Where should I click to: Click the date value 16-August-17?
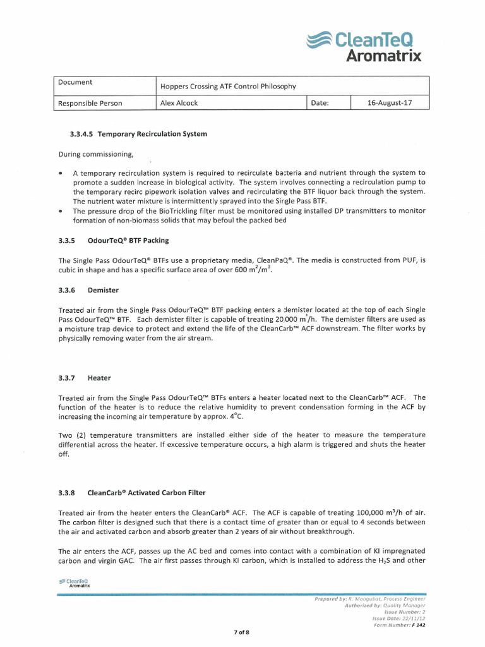click(390, 102)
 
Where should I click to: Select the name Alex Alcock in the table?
click(179, 103)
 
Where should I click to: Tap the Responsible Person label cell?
click(90, 103)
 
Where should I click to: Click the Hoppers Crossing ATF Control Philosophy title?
click(228, 86)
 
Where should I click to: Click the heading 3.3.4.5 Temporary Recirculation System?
click(138, 134)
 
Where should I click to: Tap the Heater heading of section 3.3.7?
click(99, 378)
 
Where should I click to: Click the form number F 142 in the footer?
click(417, 625)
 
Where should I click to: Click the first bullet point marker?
click(60, 173)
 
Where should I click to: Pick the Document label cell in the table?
click(75, 82)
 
